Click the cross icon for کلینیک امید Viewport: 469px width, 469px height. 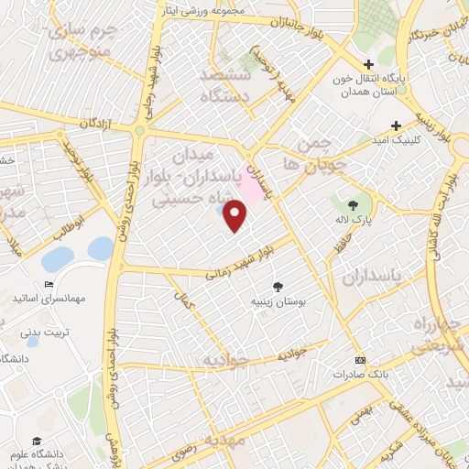(x=396, y=125)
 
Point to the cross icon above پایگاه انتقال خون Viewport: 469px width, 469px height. (x=368, y=64)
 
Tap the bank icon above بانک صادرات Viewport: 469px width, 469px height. (x=359, y=360)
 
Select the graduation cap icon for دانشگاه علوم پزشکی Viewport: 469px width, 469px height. (x=35, y=442)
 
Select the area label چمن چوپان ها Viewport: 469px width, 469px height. (x=306, y=153)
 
